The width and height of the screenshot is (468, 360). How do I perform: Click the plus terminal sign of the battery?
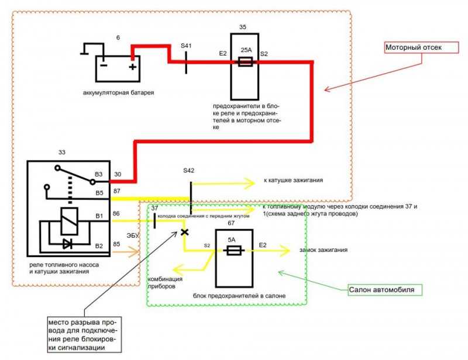tap(133, 67)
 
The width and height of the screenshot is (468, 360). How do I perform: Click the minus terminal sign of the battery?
tap(104, 65)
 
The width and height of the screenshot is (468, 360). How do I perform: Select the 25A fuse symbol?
tap(245, 62)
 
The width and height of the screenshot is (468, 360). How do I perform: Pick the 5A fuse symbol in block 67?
tap(234, 251)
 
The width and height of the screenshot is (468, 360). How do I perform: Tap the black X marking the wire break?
tap(185, 232)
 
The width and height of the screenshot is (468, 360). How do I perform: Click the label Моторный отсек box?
tap(421, 48)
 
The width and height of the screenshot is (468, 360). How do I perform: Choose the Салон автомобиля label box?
tap(386, 290)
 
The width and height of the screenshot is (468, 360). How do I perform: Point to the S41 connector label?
tap(186, 46)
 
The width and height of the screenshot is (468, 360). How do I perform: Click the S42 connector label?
tap(188, 171)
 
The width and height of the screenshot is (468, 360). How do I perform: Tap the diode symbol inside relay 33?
tap(68, 244)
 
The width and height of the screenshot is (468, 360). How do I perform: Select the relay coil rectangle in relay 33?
tap(69, 221)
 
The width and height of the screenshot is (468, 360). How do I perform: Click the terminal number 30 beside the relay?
tap(118, 175)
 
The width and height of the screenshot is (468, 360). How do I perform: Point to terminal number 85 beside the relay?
tap(116, 244)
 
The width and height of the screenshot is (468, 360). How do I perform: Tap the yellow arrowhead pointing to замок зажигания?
tap(284, 251)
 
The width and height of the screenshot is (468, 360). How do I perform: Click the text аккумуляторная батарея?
tap(119, 93)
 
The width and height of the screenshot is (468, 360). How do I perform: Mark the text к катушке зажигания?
tap(293, 181)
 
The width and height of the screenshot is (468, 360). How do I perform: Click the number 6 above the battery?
tap(118, 37)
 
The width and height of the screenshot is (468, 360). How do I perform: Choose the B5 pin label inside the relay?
tap(99, 193)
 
